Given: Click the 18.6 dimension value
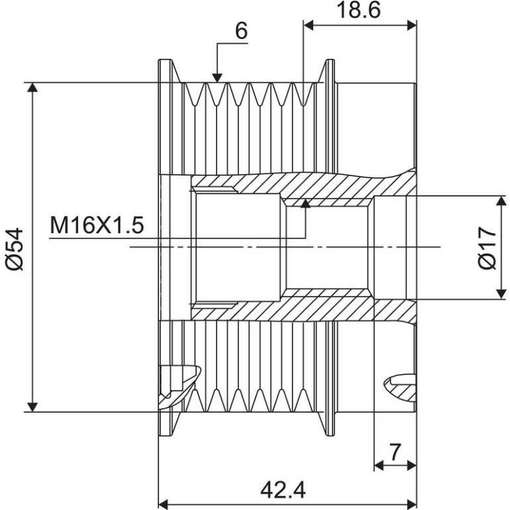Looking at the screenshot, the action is pyautogui.click(x=359, y=10).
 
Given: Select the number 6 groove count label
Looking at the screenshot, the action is pyautogui.click(x=241, y=31).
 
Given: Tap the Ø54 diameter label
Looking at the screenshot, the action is pyautogui.click(x=15, y=249).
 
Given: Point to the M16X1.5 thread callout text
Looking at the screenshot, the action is pyautogui.click(x=97, y=225).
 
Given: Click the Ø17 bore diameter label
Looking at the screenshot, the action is pyautogui.click(x=488, y=248).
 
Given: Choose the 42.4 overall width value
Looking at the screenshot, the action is pyautogui.click(x=283, y=490).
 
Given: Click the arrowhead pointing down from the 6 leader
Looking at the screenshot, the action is pyautogui.click(x=217, y=78).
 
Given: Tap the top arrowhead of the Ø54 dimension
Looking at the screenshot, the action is pyautogui.click(x=32, y=87).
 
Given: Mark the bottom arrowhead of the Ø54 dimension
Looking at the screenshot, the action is pyautogui.click(x=32, y=407).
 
